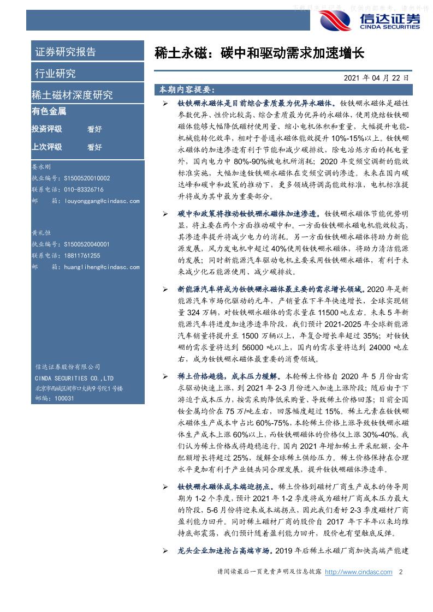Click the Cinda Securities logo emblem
coord(335,20)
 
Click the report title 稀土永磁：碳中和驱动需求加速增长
coord(259,53)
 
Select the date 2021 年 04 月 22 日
coord(376,78)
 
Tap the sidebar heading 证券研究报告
coord(66,52)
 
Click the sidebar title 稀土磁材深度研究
coord(73,95)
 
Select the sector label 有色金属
coord(49,111)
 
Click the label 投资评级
coord(47,129)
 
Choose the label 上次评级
coord(47,147)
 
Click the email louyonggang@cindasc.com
coord(102,201)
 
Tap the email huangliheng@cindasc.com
coord(102,267)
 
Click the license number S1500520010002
coord(87,178)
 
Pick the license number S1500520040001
coord(87,244)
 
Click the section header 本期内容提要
coord(187,88)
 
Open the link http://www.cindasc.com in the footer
coord(358,572)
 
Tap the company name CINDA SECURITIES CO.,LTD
coord(74,378)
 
